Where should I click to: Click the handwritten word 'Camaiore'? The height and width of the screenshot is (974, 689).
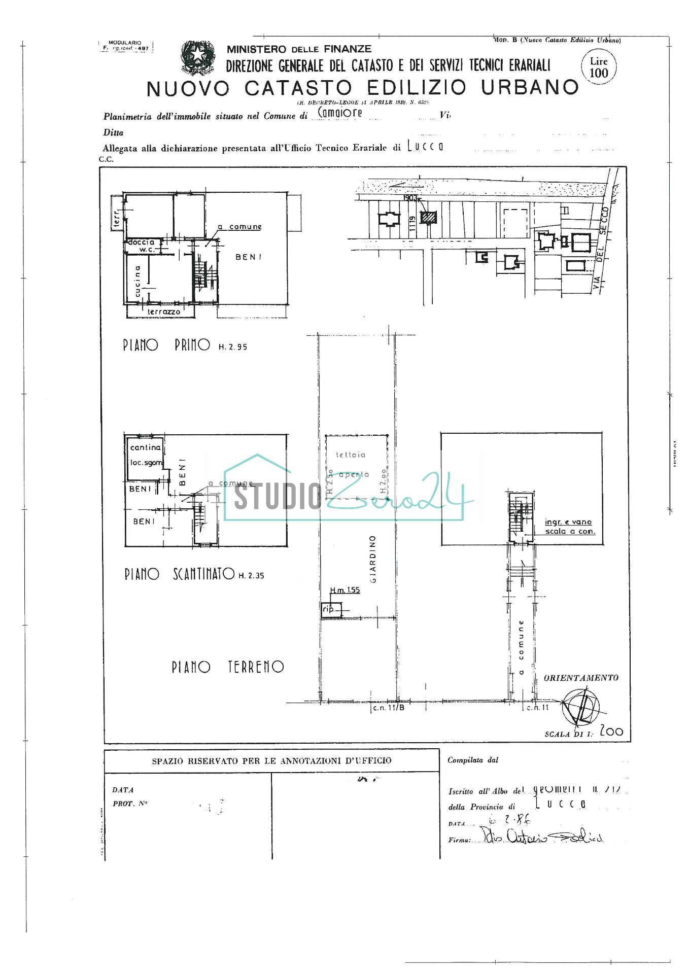click(x=339, y=113)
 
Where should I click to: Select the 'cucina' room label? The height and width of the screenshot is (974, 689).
click(x=137, y=281)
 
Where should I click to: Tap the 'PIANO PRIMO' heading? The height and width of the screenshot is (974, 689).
click(x=166, y=345)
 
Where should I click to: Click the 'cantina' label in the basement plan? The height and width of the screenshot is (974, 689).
click(x=145, y=447)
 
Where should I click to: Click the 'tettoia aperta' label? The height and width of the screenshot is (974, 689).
click(x=353, y=465)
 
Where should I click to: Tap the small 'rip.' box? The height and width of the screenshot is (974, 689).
click(x=330, y=610)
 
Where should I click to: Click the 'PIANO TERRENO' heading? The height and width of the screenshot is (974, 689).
click(x=227, y=667)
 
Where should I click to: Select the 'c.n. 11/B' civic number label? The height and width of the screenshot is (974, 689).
click(x=388, y=708)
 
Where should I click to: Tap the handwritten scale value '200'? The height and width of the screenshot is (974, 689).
click(x=611, y=732)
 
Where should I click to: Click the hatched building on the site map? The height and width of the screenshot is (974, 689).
click(x=429, y=218)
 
